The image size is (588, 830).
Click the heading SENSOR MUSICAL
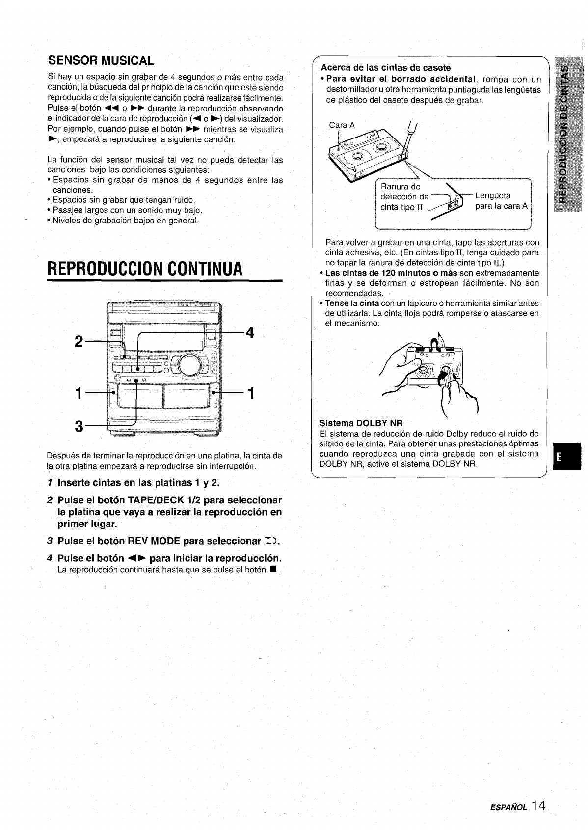tap(101, 61)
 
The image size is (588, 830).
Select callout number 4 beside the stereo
tap(249, 333)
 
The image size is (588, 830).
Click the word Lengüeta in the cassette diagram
tap(493, 196)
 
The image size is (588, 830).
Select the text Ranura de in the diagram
tap(401, 186)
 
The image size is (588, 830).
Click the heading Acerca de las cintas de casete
tap(385, 67)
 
